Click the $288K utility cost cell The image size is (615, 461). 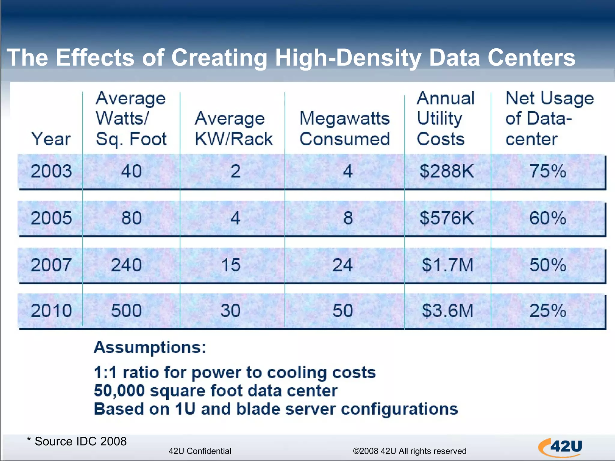447,171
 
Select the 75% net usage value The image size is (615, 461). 547,171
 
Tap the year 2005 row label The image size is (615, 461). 51,218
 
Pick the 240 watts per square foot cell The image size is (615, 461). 126,265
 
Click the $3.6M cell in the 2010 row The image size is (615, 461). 447,311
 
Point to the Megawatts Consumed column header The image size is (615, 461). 344,128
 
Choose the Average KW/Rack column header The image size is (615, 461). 233,128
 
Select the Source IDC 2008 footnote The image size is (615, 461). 77,441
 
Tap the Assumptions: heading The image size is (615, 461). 150,348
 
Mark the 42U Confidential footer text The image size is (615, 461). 200,451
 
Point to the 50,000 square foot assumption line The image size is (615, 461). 216,391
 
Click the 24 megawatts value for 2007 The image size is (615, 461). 342,265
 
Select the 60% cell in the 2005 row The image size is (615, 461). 547,218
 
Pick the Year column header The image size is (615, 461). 51,139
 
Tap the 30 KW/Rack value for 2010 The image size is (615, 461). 230,311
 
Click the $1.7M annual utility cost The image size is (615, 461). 447,265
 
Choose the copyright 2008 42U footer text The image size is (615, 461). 409,451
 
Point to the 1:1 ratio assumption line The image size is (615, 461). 235,372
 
